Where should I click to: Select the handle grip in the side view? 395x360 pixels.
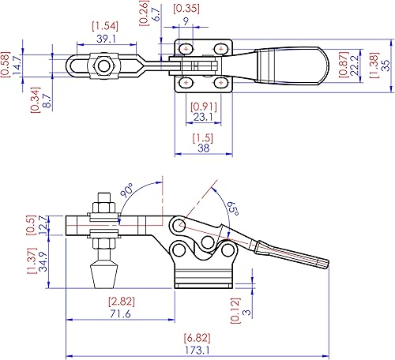click(x=296, y=257)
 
